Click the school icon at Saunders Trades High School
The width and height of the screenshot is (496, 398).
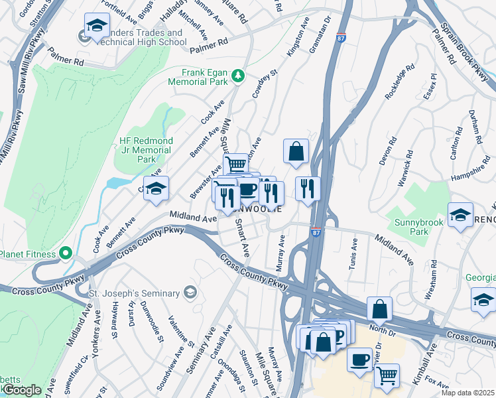(97, 27)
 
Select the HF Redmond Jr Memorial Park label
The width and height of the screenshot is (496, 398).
(146, 150)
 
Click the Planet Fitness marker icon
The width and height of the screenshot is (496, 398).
(66, 253)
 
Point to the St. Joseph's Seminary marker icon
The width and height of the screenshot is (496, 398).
(190, 293)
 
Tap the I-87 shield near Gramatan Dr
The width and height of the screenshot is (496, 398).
(341, 37)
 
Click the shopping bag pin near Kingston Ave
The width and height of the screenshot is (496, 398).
(296, 151)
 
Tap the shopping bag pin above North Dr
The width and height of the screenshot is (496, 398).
(379, 308)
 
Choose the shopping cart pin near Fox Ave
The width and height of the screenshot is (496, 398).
(387, 375)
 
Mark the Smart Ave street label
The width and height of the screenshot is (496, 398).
(241, 239)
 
